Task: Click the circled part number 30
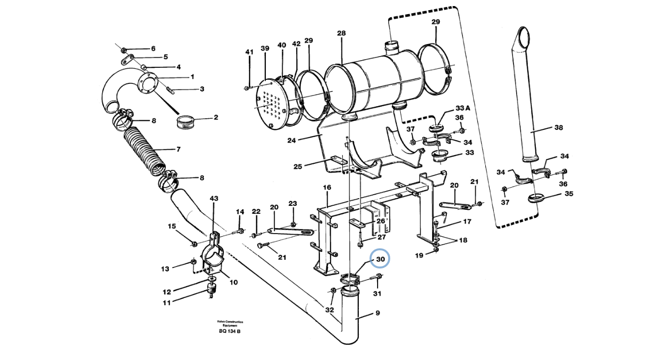(380, 259)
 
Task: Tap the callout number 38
(558, 128)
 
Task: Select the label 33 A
(463, 108)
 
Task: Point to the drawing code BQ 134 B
(229, 331)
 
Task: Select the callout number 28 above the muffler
(342, 33)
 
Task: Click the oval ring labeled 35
(536, 197)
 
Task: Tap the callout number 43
(214, 199)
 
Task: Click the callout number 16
(327, 188)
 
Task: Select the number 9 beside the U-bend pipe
(377, 313)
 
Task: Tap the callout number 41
(249, 52)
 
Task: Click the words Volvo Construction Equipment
(229, 323)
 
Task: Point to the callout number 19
(419, 255)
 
